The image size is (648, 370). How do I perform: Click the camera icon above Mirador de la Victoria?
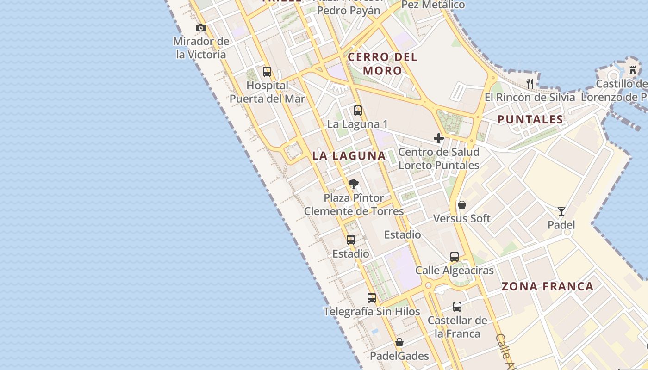(x=200, y=28)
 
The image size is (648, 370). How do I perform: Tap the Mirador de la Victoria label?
(x=201, y=48)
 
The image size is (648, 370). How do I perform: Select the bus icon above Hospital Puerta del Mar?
(x=267, y=72)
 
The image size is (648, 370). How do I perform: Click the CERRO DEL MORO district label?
(x=382, y=64)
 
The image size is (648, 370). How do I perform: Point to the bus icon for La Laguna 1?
(x=357, y=111)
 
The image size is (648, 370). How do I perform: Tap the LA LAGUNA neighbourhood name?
(x=349, y=156)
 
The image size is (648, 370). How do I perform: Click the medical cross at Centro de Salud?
(x=438, y=138)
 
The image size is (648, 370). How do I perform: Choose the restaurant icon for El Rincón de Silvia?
(x=530, y=83)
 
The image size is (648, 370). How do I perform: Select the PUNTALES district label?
(x=530, y=120)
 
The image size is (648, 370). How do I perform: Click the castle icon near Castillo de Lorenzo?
(x=633, y=70)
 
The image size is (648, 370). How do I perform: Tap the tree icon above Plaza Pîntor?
(x=354, y=184)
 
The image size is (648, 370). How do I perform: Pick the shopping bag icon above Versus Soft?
(x=461, y=205)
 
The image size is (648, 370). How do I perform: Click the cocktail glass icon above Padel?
(x=561, y=211)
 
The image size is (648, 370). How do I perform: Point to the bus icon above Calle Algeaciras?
(x=454, y=257)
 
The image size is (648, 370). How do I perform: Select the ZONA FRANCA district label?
(x=548, y=287)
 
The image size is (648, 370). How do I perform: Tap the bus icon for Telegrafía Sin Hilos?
(x=371, y=298)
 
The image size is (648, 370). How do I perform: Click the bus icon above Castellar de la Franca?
(x=457, y=306)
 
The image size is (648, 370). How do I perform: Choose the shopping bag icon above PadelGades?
(x=399, y=343)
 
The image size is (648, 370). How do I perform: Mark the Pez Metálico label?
(x=433, y=5)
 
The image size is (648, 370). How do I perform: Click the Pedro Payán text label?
(x=349, y=10)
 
